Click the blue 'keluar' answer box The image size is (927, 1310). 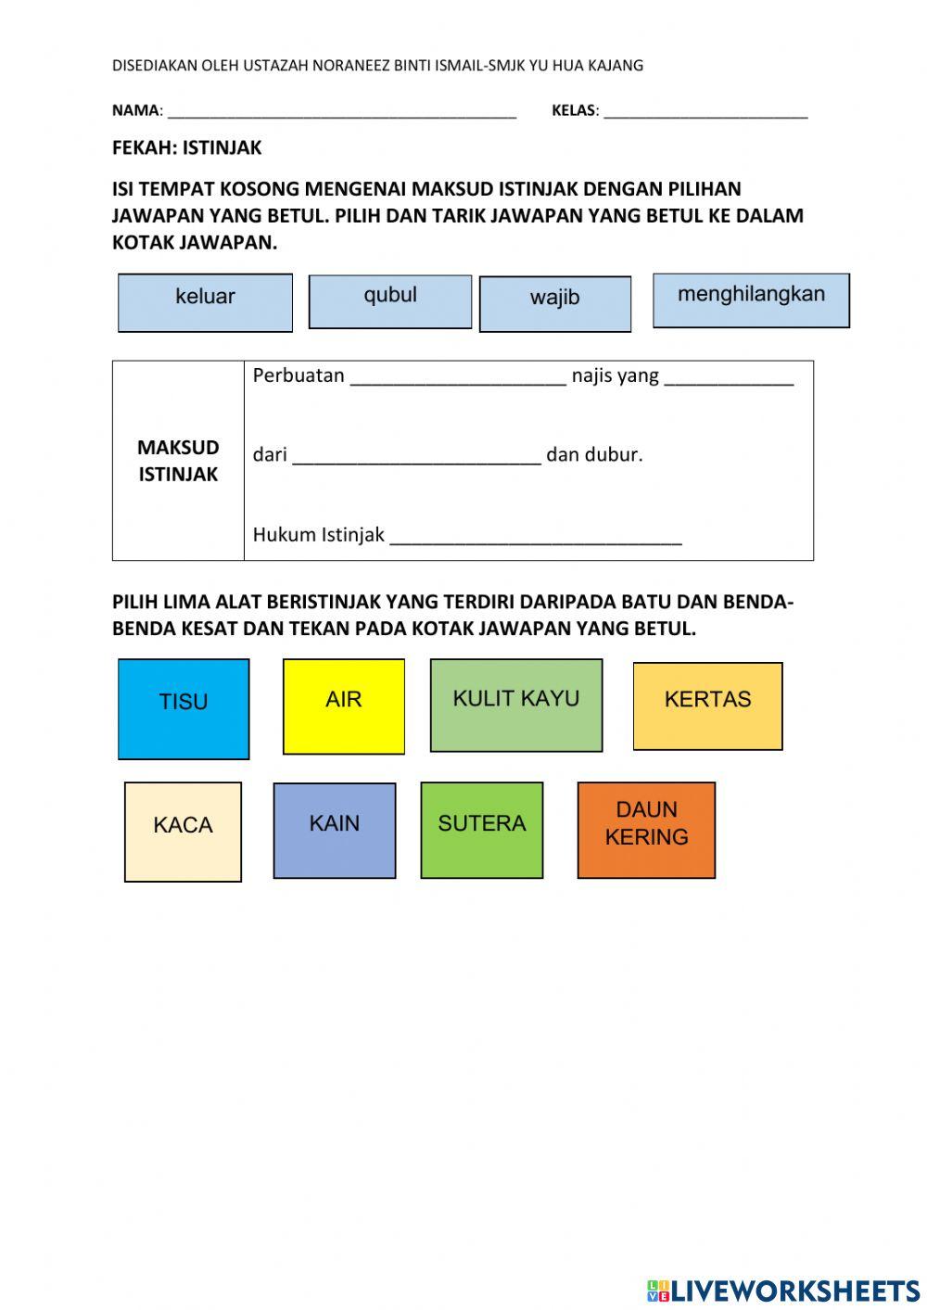click(205, 302)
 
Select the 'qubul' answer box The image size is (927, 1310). click(390, 301)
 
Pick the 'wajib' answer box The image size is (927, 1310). click(555, 303)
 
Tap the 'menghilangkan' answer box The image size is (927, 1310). click(751, 300)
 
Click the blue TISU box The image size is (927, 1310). click(184, 709)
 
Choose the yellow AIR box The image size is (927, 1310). click(344, 706)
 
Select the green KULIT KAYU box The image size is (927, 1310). click(516, 705)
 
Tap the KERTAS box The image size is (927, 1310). click(707, 706)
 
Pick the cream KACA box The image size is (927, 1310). click(183, 831)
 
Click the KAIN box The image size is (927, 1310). click(335, 830)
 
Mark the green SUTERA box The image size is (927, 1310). click(482, 830)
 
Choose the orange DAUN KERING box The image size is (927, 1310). click(646, 830)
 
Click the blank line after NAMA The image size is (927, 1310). click(341, 112)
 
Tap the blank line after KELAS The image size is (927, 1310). click(705, 112)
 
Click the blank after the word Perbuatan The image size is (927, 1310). click(458, 376)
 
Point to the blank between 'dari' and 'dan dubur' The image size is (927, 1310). click(416, 456)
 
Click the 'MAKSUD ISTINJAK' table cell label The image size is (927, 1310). click(178, 461)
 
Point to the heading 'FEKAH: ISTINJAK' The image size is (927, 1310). click(187, 147)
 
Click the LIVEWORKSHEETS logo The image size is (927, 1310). click(783, 1291)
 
